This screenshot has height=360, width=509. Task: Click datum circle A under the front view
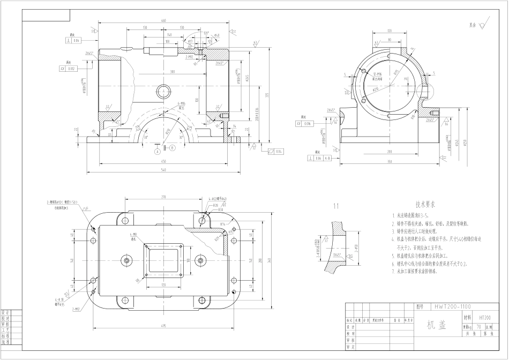click(x=158, y=152)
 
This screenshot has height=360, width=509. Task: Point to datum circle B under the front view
click(x=172, y=147)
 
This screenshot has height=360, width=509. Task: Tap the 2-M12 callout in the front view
click(x=189, y=56)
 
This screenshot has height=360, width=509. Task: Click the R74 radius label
click(x=222, y=224)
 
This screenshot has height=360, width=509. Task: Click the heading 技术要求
click(x=425, y=204)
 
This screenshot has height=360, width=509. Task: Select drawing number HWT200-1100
click(x=452, y=307)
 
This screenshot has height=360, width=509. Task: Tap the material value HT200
click(x=484, y=317)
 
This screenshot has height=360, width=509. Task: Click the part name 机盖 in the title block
click(x=435, y=325)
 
